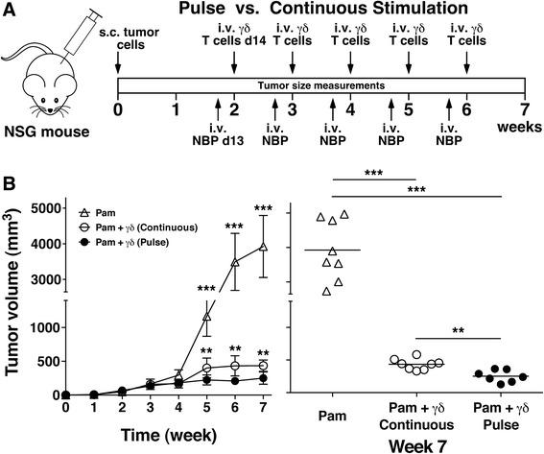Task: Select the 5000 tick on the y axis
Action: point(40,208)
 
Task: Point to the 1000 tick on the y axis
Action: point(40,326)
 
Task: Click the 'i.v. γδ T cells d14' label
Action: point(235,43)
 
